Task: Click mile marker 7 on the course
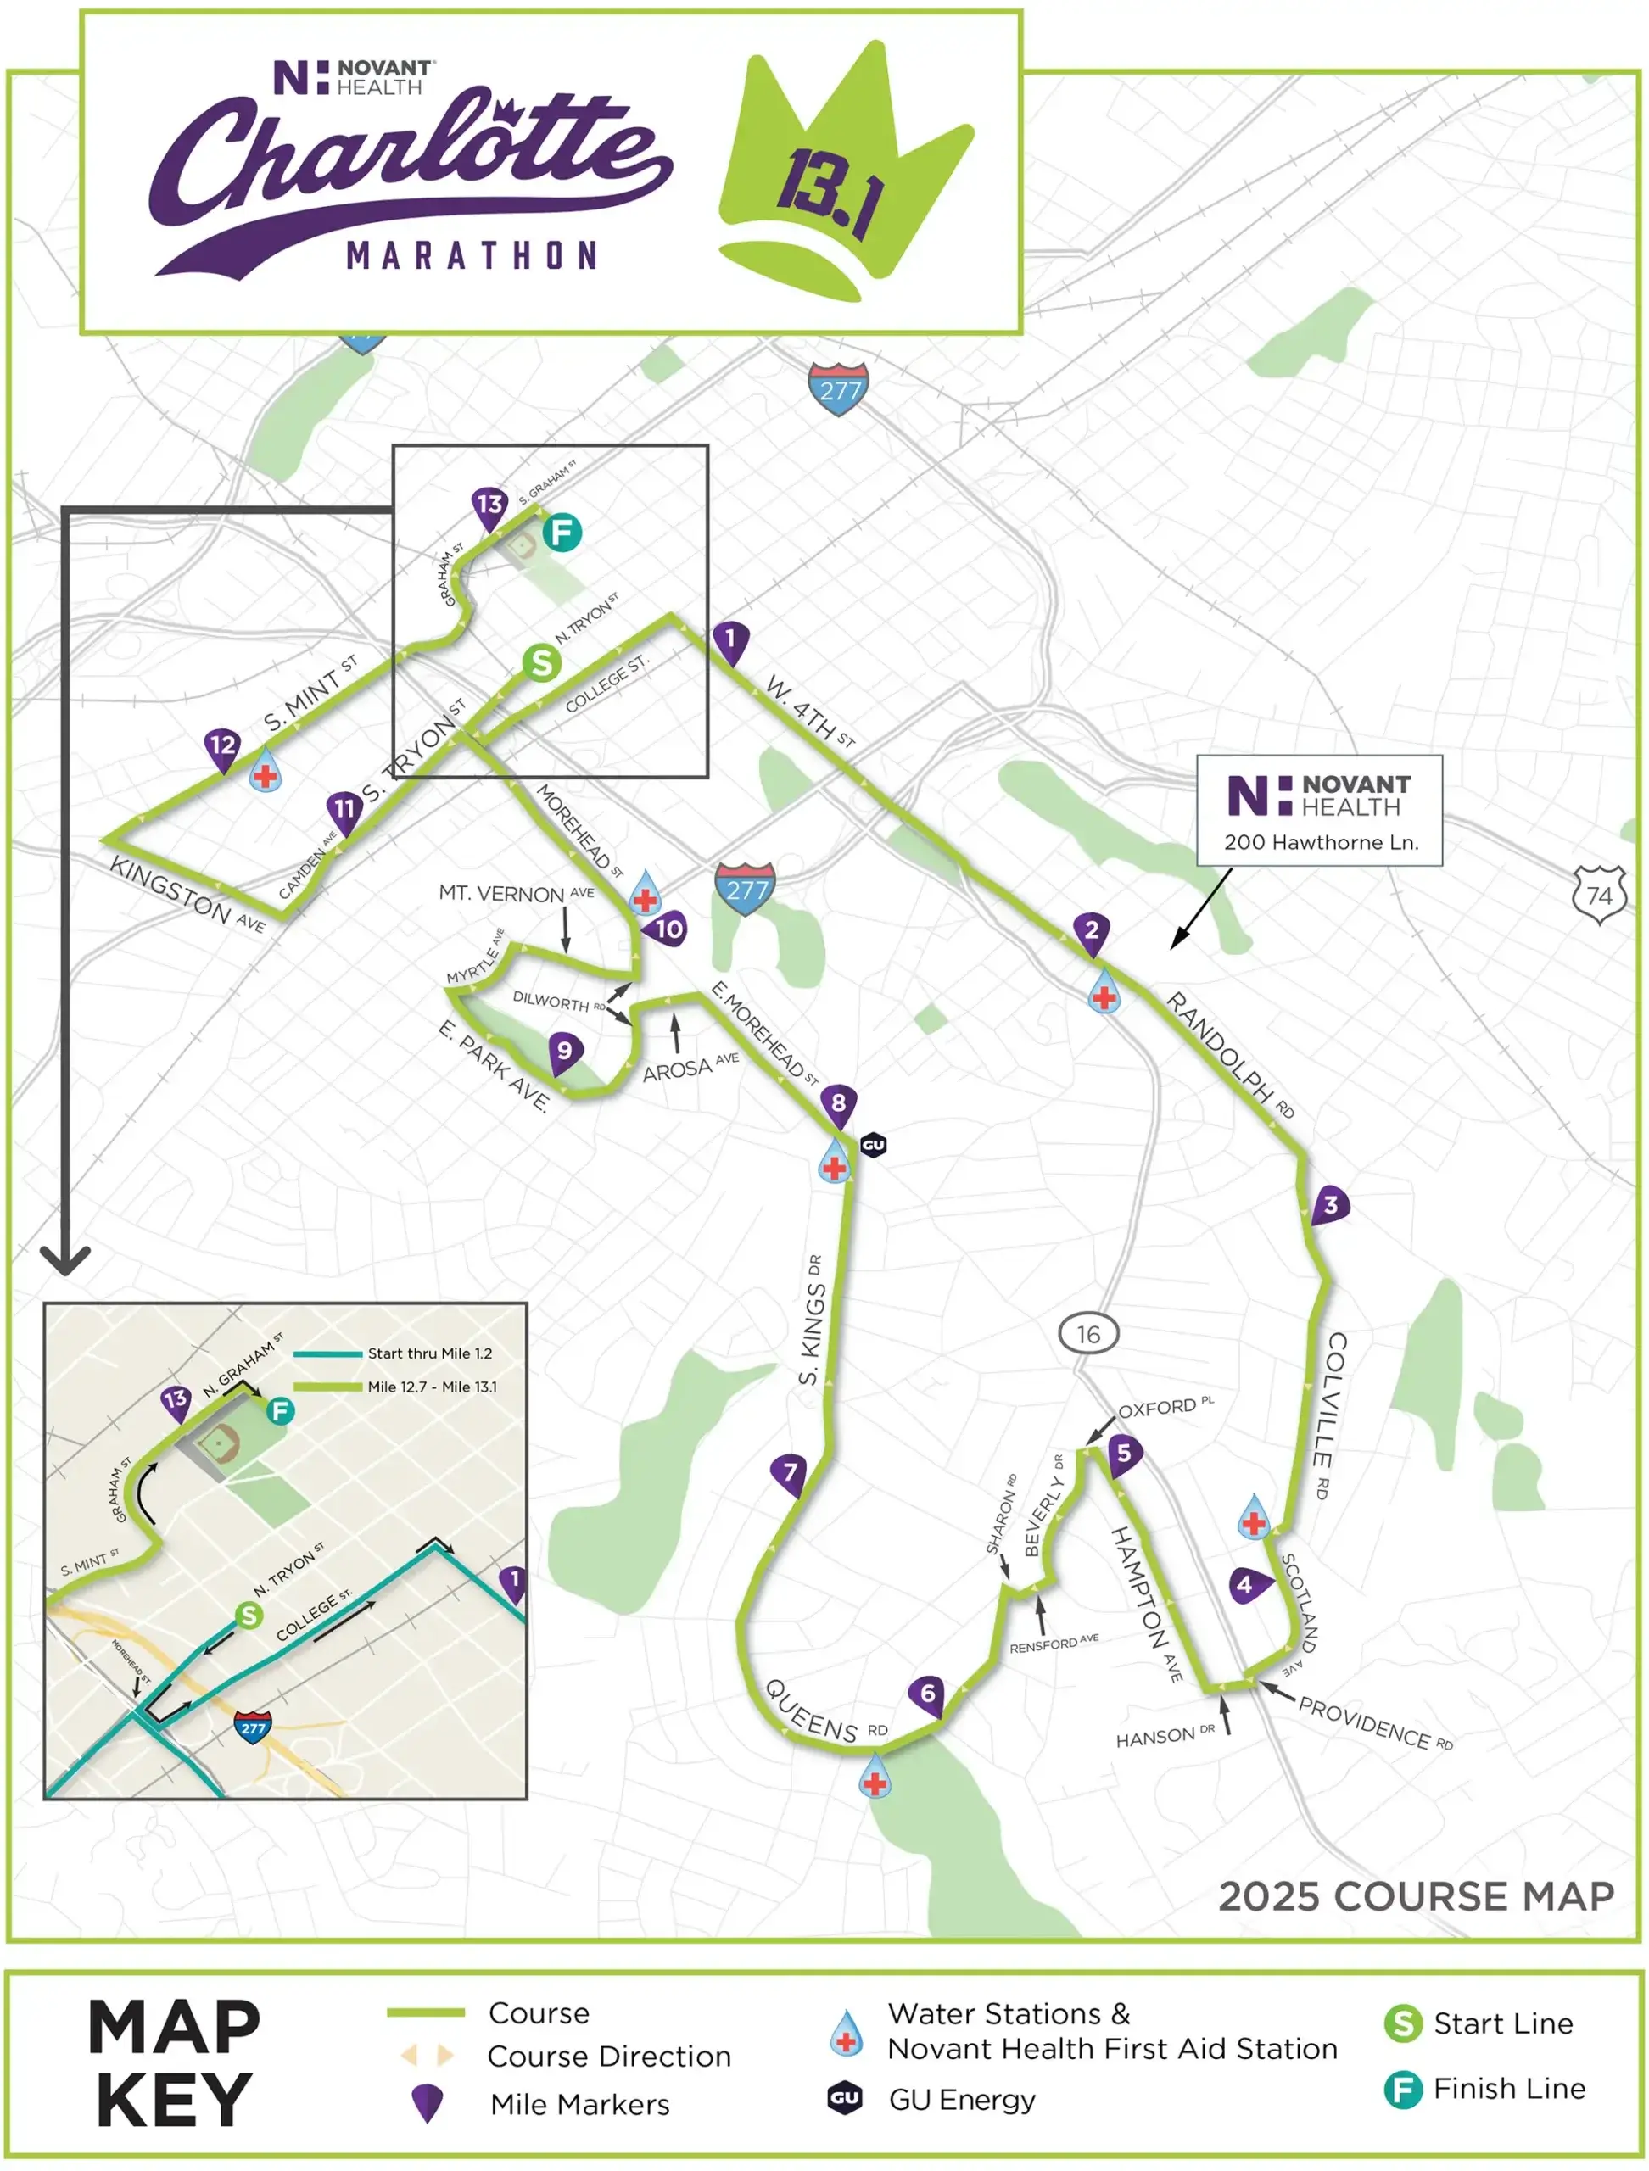click(x=789, y=1473)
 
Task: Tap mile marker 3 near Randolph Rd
click(x=1330, y=1206)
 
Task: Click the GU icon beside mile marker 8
click(x=873, y=1146)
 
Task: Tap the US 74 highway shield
click(x=1599, y=895)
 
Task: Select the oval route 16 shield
click(x=1088, y=1335)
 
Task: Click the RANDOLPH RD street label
click(x=1230, y=1055)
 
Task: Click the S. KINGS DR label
click(x=812, y=1320)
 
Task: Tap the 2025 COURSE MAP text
click(x=1416, y=1896)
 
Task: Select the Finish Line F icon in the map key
click(x=1403, y=2090)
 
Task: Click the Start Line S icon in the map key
click(x=1403, y=2023)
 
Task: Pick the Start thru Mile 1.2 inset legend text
click(x=430, y=1354)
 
